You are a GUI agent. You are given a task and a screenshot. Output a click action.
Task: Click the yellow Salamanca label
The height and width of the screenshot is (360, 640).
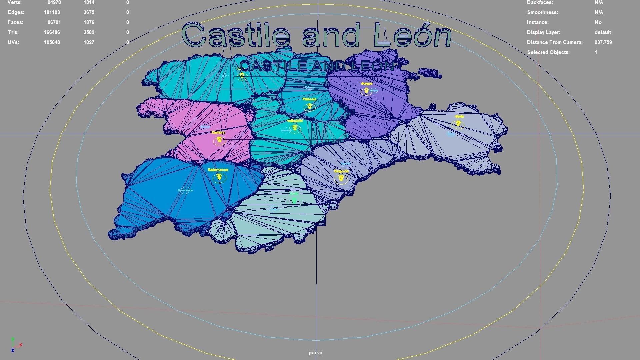(218, 170)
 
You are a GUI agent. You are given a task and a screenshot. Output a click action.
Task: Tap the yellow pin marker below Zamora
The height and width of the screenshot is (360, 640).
(219, 139)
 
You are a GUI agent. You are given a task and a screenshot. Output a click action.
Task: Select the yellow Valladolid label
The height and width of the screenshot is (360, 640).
(295, 121)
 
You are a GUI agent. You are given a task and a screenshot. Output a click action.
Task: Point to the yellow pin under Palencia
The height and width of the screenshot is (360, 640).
(310, 106)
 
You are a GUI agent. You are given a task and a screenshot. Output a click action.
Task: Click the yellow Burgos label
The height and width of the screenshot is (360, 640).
(366, 84)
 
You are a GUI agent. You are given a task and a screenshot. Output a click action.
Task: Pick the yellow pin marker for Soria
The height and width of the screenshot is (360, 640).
(458, 124)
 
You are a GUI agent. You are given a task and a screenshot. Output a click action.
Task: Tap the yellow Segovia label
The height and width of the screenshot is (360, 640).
(341, 171)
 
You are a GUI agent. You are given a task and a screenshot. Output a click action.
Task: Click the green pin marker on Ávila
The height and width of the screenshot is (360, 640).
(294, 200)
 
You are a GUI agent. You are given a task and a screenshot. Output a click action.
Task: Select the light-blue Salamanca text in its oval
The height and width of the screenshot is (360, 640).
(185, 191)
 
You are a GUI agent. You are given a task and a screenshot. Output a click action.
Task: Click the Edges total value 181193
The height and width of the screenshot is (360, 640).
(52, 12)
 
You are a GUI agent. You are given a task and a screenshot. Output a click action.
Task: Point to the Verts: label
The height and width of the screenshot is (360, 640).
(15, 3)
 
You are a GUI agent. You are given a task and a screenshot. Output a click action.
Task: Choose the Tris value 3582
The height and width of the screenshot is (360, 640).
(89, 32)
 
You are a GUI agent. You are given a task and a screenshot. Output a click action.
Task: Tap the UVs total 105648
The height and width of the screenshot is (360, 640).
(52, 42)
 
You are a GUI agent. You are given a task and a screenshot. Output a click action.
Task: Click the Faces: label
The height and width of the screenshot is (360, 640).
(16, 22)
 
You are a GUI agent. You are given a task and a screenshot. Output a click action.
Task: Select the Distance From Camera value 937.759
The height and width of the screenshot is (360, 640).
(603, 42)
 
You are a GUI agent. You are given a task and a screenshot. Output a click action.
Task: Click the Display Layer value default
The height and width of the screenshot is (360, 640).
(603, 32)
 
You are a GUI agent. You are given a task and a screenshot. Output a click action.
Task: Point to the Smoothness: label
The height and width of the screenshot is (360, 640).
(542, 12)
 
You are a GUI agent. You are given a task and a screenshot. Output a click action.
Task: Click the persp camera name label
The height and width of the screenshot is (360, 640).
(315, 353)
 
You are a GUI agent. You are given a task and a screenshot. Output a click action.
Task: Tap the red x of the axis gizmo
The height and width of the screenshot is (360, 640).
(21, 345)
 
